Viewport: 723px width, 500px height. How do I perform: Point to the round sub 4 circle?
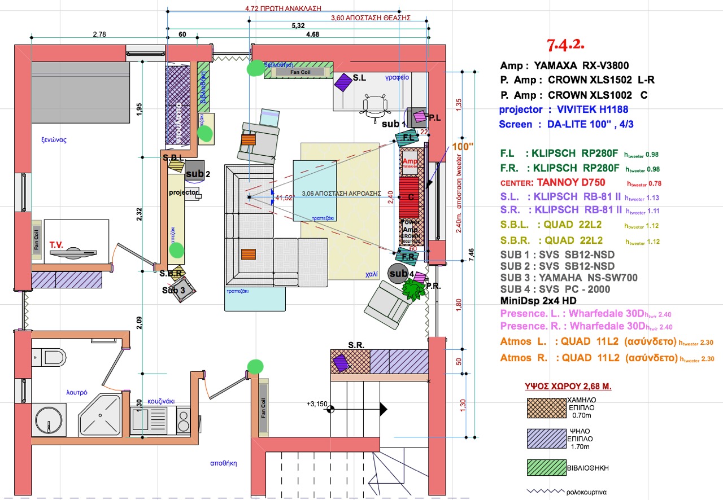399,274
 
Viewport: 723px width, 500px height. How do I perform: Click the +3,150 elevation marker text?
317,404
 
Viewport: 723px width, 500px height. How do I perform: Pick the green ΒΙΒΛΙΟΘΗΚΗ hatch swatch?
546,468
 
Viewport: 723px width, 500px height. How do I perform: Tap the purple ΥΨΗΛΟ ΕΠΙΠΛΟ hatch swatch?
546,438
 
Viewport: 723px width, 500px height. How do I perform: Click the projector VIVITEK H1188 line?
571,109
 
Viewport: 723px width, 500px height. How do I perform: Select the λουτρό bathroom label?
76,392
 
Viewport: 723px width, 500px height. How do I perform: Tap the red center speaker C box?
411,197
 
